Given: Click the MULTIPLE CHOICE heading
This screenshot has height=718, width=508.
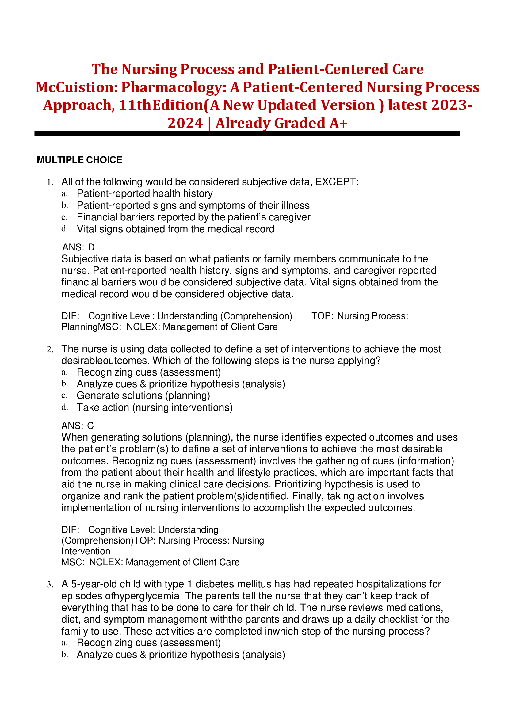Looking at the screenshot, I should (x=79, y=160).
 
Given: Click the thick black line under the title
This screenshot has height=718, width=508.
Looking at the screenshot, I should (x=247, y=134).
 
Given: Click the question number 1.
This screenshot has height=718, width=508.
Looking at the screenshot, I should (x=50, y=182).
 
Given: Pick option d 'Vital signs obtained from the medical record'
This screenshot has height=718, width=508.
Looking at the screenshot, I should (x=175, y=229).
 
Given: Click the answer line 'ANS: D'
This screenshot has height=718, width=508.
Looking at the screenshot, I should (x=78, y=247).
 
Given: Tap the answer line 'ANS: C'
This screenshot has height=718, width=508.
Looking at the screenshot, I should (x=78, y=426).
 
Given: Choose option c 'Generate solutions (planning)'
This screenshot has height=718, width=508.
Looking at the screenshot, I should (x=143, y=395).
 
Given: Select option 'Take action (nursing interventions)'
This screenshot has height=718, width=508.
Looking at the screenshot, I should (x=155, y=407).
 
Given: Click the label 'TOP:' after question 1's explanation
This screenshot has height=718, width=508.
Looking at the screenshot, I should (x=322, y=316).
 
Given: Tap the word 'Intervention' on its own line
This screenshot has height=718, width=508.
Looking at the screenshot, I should (x=86, y=551).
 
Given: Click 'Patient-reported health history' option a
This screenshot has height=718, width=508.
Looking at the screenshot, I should (x=144, y=193).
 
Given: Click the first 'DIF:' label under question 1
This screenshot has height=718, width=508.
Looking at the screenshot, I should (x=70, y=316).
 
